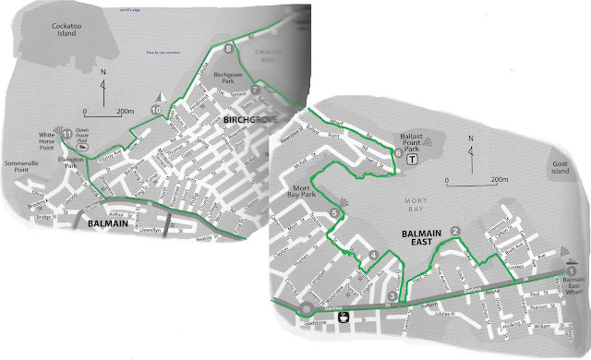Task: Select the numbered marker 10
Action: coord(156,112)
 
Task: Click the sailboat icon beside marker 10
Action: coord(163,98)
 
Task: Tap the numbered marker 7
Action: coord(255,90)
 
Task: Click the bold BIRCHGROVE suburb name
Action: coord(249,121)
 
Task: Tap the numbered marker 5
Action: coord(333,214)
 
